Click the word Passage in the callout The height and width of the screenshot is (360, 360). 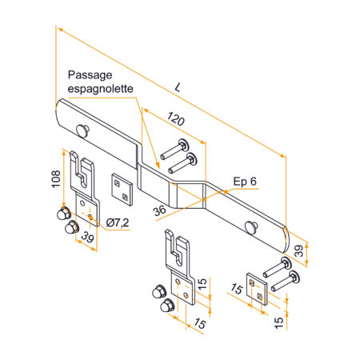click(x=90, y=75)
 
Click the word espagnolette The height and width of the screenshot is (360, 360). click(x=101, y=89)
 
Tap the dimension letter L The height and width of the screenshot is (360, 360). click(x=178, y=87)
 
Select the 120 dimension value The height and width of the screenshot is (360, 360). click(x=176, y=119)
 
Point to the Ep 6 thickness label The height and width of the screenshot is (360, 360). click(x=245, y=182)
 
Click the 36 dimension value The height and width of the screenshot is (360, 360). click(x=160, y=210)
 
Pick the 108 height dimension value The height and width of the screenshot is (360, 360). click(x=56, y=179)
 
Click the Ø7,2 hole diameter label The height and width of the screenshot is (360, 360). click(x=118, y=222)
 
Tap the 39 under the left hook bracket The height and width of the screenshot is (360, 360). click(x=87, y=237)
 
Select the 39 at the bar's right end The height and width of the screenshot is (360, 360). click(x=299, y=251)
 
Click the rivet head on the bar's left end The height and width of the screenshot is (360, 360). click(x=82, y=130)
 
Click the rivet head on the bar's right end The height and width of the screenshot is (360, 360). click(x=251, y=228)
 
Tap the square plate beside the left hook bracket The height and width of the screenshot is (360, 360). click(x=122, y=190)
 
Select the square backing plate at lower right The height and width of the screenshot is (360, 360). click(x=257, y=289)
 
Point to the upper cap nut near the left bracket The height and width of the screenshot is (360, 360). click(x=64, y=213)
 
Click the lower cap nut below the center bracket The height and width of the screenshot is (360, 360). click(x=167, y=306)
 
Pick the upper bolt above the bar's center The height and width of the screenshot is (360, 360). click(x=174, y=149)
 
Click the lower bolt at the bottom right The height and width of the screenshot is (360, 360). click(x=285, y=282)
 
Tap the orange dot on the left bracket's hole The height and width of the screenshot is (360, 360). click(x=90, y=218)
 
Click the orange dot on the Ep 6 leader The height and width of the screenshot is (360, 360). click(x=226, y=191)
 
